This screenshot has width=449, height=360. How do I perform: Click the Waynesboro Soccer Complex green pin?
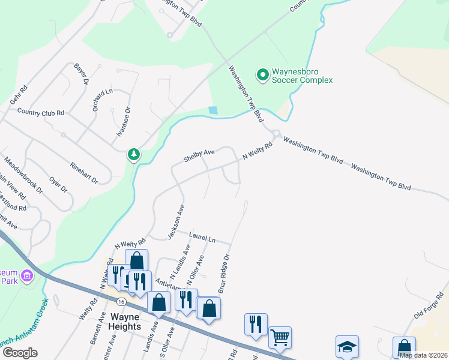262,75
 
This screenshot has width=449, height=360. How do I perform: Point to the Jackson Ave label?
176,220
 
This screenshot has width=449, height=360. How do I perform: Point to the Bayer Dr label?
81,74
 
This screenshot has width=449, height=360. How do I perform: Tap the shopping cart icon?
280,337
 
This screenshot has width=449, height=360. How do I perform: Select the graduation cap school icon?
347,346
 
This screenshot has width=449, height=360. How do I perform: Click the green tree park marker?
134,155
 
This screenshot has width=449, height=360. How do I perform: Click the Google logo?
20,353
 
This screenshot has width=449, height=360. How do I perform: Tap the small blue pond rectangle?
213,110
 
